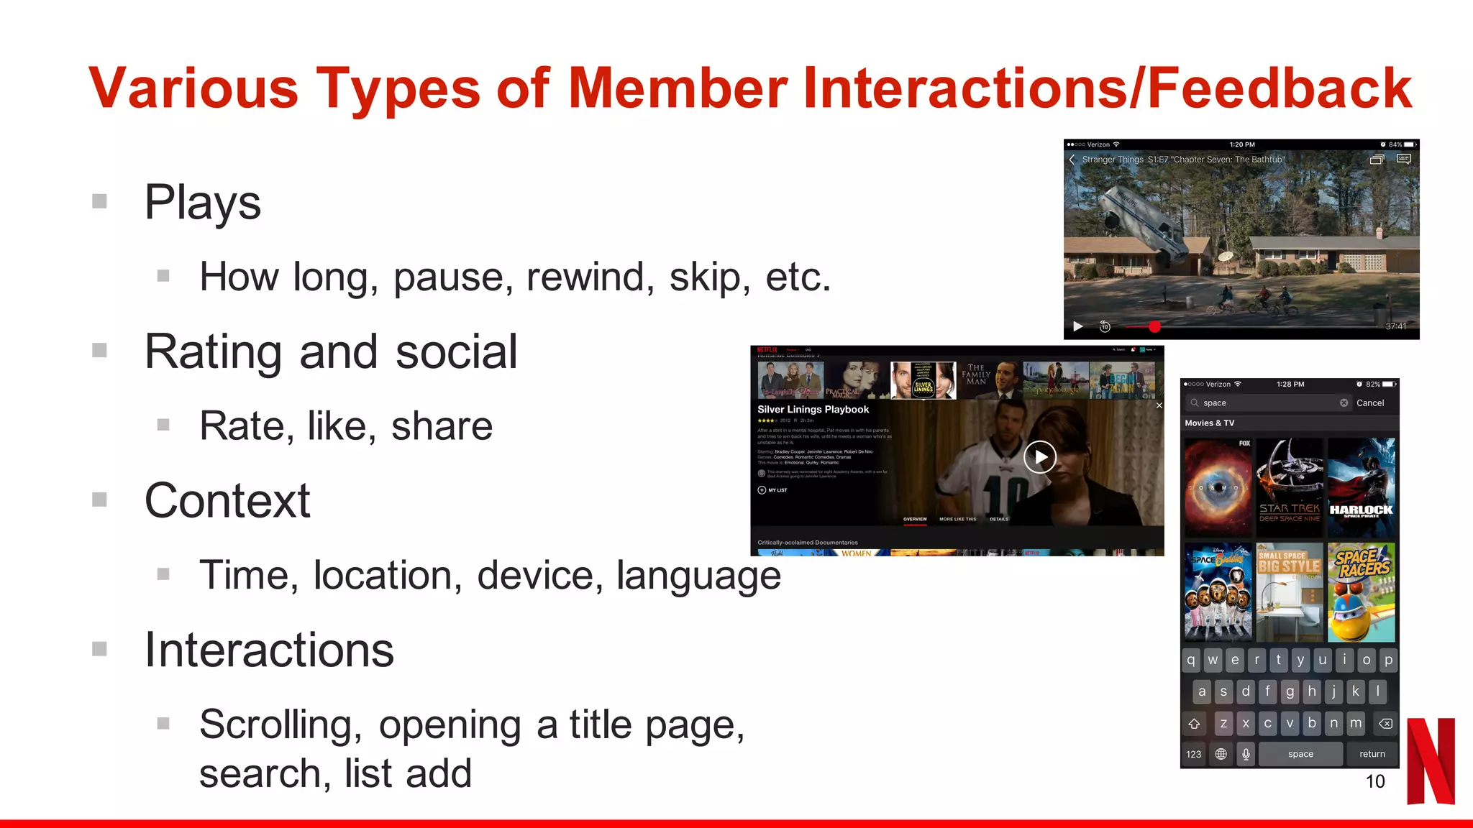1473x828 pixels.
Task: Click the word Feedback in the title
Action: (1280, 88)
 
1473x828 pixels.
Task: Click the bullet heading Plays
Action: (202, 202)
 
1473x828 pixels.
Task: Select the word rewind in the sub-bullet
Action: (590, 277)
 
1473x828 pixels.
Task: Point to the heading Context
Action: (227, 500)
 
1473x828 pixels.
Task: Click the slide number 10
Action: (1374, 781)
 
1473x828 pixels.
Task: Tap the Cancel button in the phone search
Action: (1369, 403)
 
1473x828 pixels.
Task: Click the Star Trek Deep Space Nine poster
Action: (1290, 487)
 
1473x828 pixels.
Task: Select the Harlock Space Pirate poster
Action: (1361, 487)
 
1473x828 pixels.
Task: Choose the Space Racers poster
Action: (1361, 592)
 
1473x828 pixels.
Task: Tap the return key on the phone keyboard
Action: (1372, 754)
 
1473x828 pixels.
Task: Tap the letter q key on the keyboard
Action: (1192, 660)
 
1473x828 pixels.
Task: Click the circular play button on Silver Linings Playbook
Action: (1040, 457)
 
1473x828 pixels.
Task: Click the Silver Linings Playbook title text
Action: (813, 410)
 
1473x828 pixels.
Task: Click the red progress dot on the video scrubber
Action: (1154, 327)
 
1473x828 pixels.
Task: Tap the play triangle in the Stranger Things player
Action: (1077, 327)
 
